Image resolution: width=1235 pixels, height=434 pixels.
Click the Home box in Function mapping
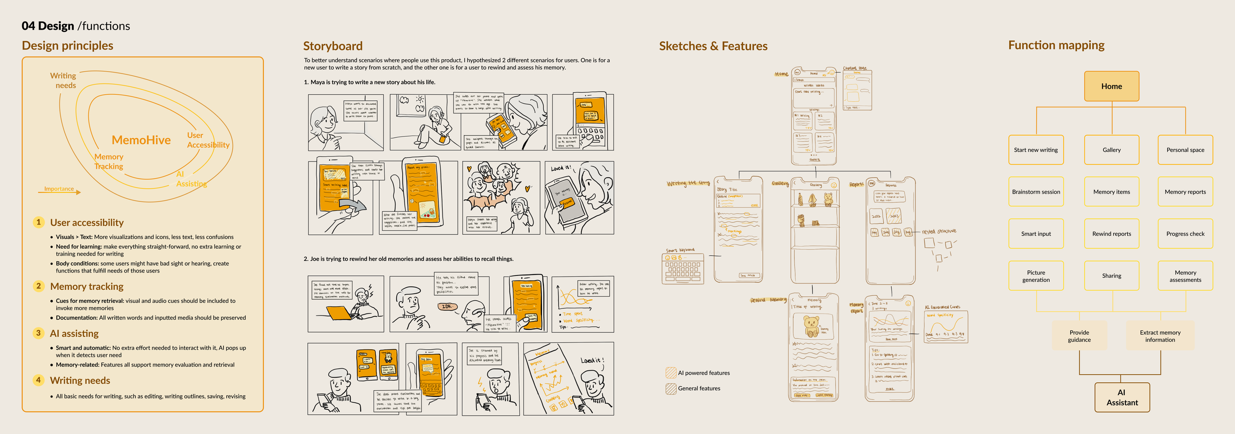tap(1111, 86)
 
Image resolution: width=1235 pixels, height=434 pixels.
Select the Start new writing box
tap(1036, 150)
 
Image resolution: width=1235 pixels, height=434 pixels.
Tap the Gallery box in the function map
tap(1111, 150)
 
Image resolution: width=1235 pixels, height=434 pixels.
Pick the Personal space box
tap(1185, 150)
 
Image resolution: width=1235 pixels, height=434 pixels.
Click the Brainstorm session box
tap(1036, 192)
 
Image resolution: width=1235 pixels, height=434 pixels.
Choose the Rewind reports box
tap(1111, 234)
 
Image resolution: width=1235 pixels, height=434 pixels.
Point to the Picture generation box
tap(1036, 276)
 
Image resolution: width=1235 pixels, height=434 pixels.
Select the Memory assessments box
tap(1185, 276)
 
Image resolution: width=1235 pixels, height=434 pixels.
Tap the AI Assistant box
tap(1122, 397)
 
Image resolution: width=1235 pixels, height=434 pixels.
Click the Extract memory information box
tap(1160, 336)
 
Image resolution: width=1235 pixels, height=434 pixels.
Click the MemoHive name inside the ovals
tap(141, 140)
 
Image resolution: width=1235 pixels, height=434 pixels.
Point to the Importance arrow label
tap(59, 189)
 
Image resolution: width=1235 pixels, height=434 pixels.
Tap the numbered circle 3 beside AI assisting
tap(39, 333)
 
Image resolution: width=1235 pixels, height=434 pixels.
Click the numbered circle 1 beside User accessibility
tap(39, 222)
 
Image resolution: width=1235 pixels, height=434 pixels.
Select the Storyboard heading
tap(332, 46)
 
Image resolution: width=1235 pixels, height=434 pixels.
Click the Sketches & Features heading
tap(713, 46)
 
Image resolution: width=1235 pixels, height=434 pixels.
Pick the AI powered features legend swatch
tap(671, 373)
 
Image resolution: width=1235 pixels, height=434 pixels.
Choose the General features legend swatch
tap(671, 389)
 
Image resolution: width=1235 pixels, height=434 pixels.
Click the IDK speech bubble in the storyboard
tap(447, 307)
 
